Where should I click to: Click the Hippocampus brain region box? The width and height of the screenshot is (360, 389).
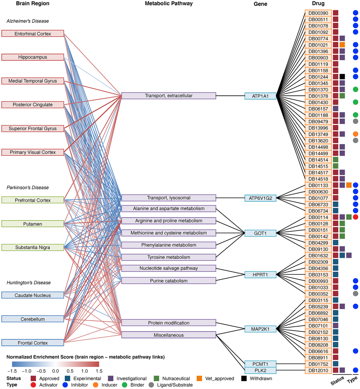coord(32,57)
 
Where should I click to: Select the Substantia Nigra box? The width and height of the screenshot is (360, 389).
coord(32,248)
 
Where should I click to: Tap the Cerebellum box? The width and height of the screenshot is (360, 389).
coord(32,319)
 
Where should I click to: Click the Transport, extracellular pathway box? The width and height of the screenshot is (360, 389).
coord(168,96)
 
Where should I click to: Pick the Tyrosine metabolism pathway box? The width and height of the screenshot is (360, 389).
coord(168,257)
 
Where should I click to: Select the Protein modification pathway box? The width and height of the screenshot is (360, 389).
coord(168,323)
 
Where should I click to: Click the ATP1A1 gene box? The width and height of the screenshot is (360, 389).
coord(260,96)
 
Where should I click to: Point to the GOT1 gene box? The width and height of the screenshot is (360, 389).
coord(260,233)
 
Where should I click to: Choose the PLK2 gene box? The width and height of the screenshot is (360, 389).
coord(260,370)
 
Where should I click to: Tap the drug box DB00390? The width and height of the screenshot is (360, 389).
coord(318,13)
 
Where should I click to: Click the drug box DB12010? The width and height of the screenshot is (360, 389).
coord(318,370)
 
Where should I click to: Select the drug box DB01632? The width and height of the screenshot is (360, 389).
coord(318,255)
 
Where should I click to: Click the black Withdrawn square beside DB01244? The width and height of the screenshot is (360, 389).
coord(342,77)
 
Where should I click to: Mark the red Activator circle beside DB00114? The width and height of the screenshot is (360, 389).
coord(355,217)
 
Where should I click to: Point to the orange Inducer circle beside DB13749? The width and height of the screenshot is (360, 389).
coord(355,134)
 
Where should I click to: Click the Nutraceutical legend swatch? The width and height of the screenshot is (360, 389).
coord(158,378)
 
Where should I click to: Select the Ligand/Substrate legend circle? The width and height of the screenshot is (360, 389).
coord(151,385)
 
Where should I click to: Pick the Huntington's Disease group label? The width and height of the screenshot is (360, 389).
coord(29,283)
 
